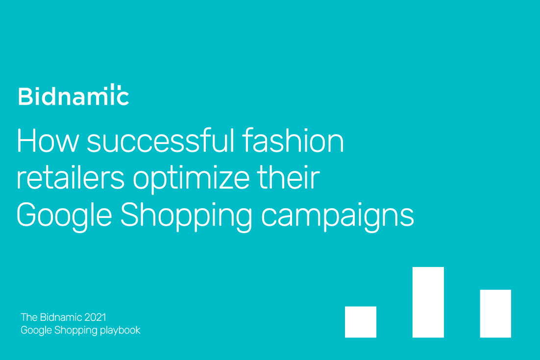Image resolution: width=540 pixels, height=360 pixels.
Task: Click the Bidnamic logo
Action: pos(74,95)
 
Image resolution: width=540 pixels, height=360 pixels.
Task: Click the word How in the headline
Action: pos(48,141)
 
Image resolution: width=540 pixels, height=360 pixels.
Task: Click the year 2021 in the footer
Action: pos(95,317)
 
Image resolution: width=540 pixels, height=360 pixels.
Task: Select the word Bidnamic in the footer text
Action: pos(61,317)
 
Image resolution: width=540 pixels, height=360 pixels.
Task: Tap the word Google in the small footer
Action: pos(36,331)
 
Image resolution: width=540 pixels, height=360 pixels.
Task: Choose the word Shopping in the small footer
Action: pos(76,331)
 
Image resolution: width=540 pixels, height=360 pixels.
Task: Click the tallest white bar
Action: pos(428,302)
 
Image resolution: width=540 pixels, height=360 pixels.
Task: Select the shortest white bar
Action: pos(361,322)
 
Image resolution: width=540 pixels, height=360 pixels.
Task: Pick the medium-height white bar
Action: pos(495,313)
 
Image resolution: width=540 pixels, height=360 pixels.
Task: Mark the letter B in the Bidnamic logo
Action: pos(25,96)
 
